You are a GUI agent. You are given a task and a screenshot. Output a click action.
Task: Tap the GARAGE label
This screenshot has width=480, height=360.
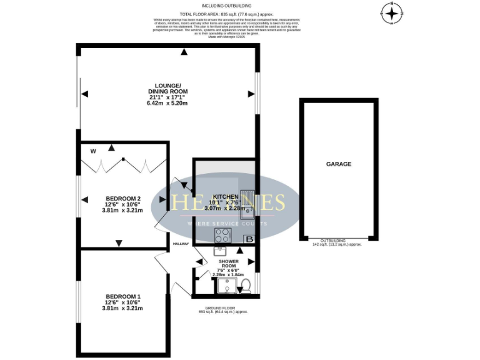point(338,164)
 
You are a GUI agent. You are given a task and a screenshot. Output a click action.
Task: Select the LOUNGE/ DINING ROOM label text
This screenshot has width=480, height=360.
point(167,88)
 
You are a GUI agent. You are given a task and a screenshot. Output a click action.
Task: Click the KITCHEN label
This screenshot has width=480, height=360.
point(226,196)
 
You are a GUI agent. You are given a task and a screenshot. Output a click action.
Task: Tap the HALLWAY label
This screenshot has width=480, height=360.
point(181,244)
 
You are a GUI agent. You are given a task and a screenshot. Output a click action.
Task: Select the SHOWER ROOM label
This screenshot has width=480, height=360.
point(227,263)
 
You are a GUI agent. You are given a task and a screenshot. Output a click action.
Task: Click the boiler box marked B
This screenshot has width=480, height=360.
point(249,239)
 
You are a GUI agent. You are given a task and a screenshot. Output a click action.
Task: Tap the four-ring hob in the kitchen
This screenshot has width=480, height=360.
point(222,235)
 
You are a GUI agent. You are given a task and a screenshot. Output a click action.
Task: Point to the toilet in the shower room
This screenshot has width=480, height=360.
point(246,286)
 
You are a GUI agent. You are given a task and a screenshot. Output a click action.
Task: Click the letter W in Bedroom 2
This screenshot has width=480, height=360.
point(92,151)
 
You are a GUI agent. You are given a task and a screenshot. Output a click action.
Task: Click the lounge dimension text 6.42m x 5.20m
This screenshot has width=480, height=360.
point(167,102)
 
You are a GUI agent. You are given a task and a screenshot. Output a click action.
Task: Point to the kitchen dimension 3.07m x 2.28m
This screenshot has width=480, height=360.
point(226,208)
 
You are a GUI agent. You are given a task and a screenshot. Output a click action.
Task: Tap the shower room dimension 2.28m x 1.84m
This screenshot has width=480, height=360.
point(227,274)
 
